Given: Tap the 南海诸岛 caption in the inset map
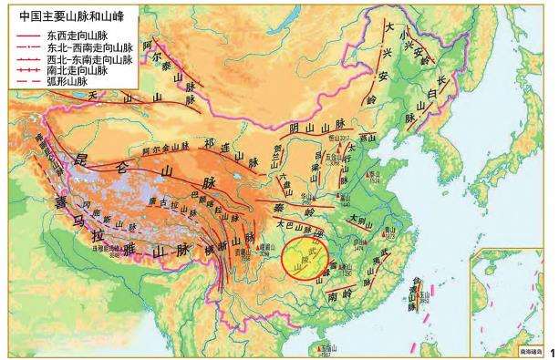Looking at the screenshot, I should click(x=529, y=349).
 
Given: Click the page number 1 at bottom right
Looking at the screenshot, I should click(x=553, y=350).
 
